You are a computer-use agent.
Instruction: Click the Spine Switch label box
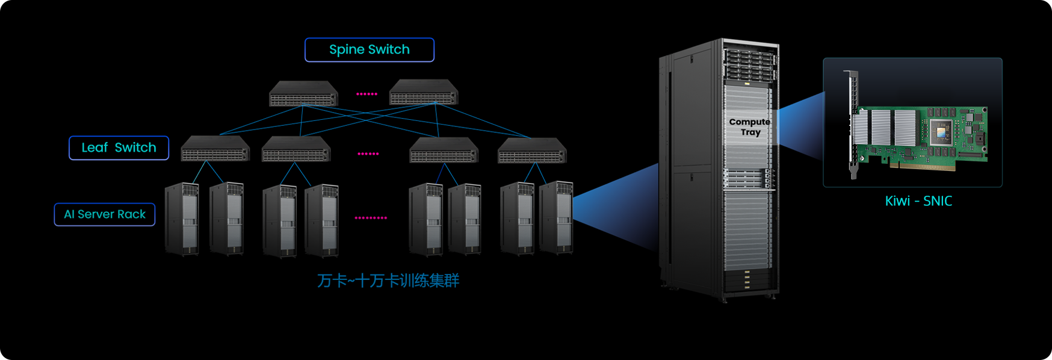tap(369, 50)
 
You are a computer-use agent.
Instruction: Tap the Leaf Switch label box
tap(119, 148)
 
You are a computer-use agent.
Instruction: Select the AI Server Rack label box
tap(105, 214)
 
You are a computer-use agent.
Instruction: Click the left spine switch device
tap(303, 93)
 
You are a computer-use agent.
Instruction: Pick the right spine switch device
tap(424, 92)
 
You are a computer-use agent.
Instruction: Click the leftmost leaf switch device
tap(215, 149)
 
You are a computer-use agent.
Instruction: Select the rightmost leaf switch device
tap(532, 151)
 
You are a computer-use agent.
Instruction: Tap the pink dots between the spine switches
tap(367, 94)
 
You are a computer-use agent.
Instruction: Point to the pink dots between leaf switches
tap(368, 154)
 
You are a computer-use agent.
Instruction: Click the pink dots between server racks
tap(371, 218)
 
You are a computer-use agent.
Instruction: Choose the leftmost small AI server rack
tap(182, 220)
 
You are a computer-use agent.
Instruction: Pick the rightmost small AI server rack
tap(556, 218)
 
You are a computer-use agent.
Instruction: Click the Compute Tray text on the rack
tap(750, 127)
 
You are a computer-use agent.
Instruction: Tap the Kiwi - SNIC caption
tap(918, 201)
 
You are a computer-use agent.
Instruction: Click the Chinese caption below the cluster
tap(388, 281)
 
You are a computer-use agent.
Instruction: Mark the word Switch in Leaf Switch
tap(135, 148)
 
